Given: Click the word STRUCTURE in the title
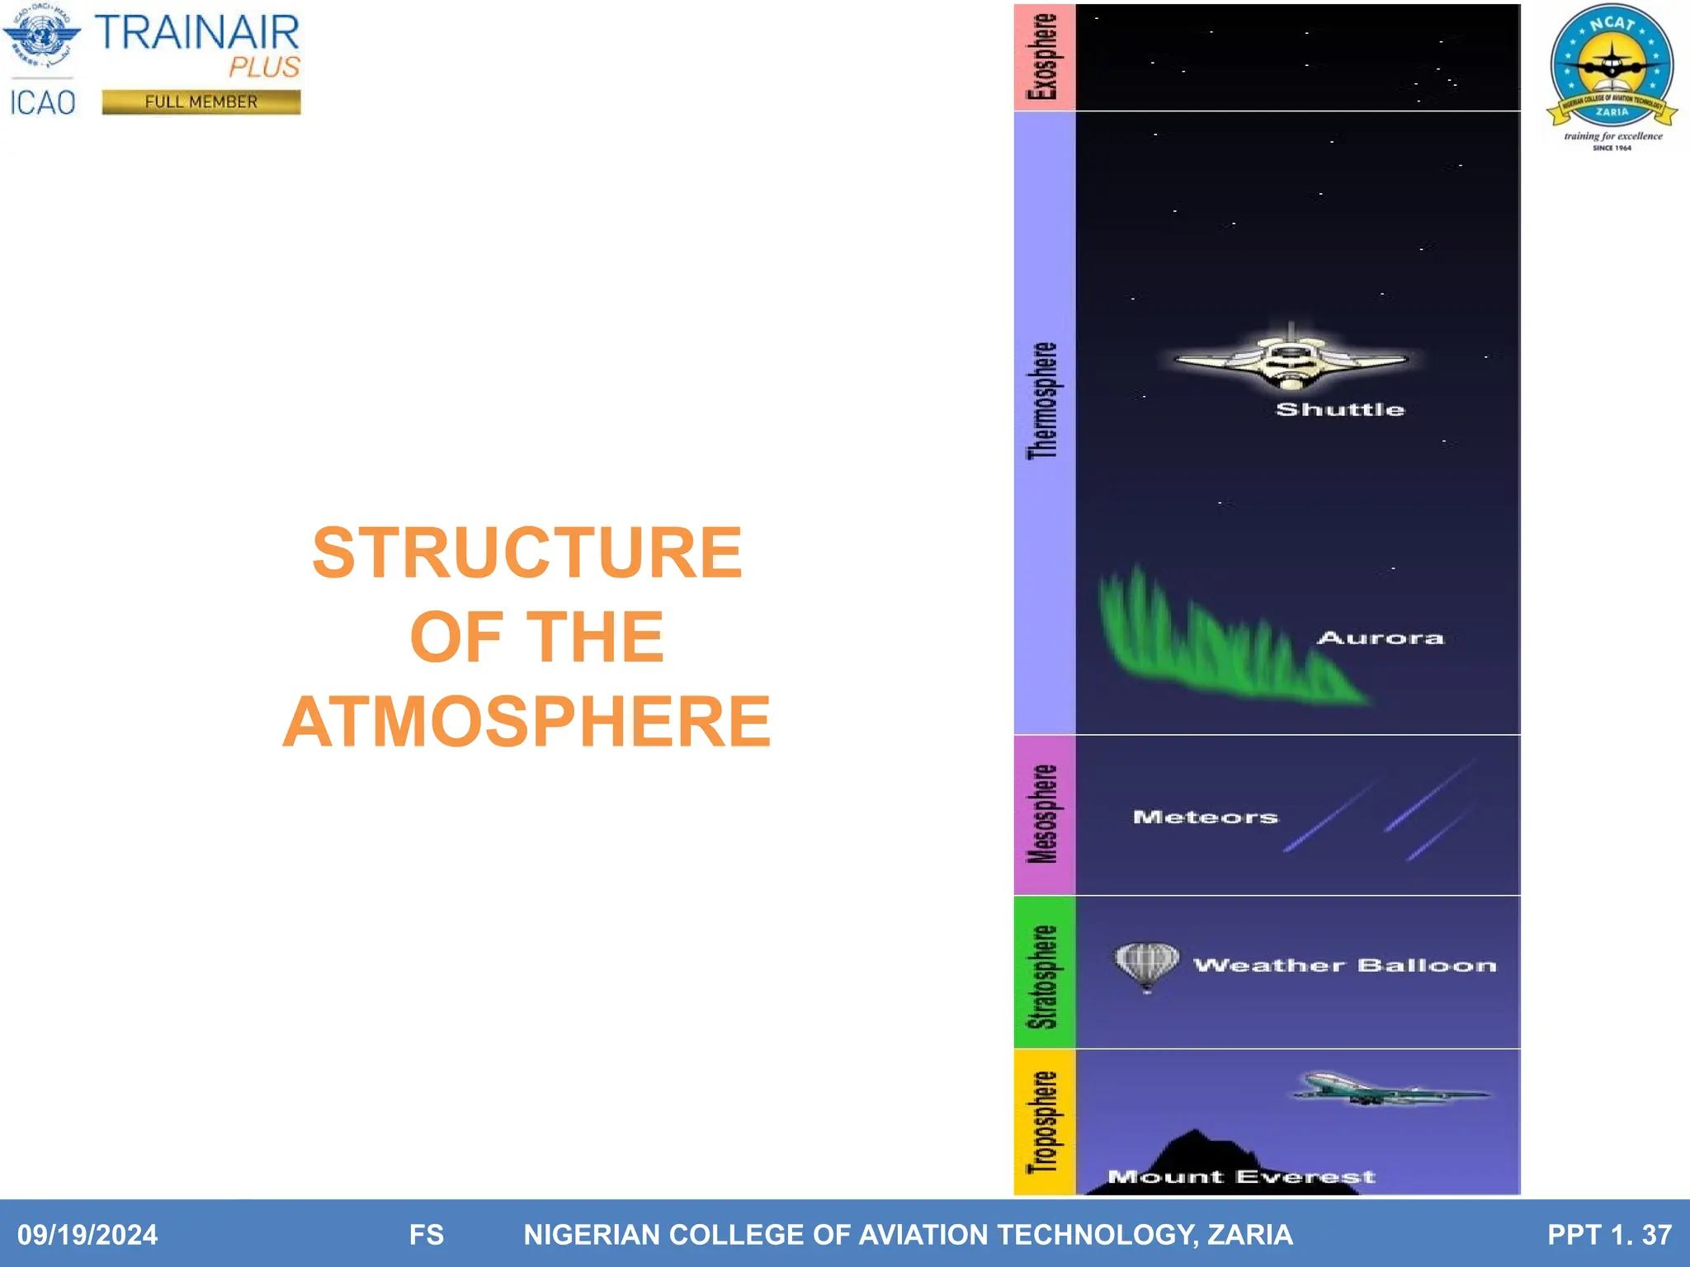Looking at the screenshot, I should point(527,553).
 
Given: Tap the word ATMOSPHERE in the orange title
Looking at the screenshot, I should point(527,722).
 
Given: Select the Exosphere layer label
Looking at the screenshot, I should point(1043,57).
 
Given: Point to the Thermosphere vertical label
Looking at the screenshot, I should point(1043,401).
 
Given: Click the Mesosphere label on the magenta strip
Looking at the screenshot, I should point(1043,814).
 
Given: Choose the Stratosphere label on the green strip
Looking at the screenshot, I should point(1043,977).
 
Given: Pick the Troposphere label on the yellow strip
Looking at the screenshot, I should point(1043,1122).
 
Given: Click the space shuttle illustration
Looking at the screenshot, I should point(1291,360).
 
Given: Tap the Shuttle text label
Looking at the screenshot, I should point(1339,409).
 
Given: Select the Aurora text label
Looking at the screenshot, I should point(1380,638).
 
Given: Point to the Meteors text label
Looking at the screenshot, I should point(1205,817).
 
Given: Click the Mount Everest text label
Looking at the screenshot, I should point(1240,1176).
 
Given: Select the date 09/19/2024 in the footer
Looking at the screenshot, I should point(87,1234).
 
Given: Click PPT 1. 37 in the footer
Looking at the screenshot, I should point(1608,1234).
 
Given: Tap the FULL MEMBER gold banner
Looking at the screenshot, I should point(201,101).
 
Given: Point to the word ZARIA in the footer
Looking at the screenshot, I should point(1249,1234).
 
